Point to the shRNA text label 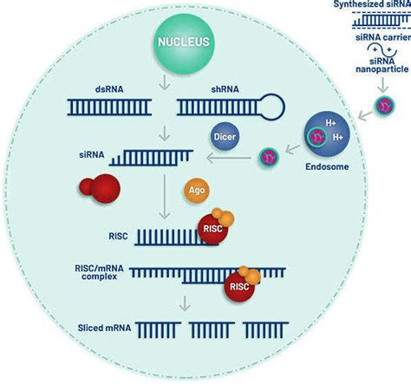pyautogui.click(x=207, y=88)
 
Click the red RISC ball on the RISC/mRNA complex pyautogui.click(x=236, y=285)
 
